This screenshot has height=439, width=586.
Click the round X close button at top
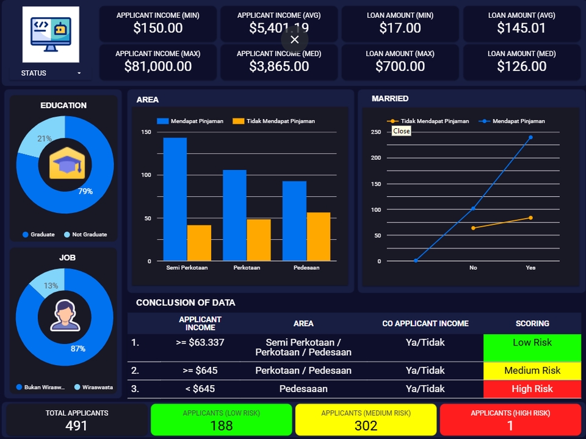click(295, 40)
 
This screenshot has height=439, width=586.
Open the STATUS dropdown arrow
click(79, 73)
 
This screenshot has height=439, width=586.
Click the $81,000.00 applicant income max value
click(157, 67)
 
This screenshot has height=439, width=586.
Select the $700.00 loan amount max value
click(400, 67)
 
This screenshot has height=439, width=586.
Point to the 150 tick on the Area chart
click(146, 132)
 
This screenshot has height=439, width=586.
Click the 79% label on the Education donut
click(85, 191)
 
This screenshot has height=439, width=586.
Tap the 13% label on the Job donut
click(51, 286)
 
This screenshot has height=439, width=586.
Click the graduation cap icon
click(64, 165)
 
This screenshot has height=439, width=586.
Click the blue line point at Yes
click(530, 137)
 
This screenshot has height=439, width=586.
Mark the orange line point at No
click(473, 228)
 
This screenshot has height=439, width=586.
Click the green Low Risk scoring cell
click(532, 347)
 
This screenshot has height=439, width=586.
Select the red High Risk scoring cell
click(532, 389)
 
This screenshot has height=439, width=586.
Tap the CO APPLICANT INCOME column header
click(425, 324)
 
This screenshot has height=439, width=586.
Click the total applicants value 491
click(76, 425)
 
